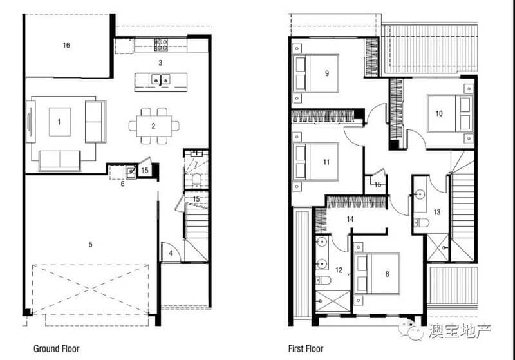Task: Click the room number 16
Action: click(x=66, y=45)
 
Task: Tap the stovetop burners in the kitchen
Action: click(x=161, y=44)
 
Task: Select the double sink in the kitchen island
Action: click(x=160, y=79)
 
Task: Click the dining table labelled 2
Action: click(x=154, y=126)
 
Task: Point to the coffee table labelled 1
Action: click(x=60, y=122)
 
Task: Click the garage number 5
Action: click(x=90, y=244)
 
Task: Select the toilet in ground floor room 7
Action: click(x=196, y=180)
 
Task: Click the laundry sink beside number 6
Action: click(x=131, y=172)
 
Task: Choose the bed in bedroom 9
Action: click(x=315, y=73)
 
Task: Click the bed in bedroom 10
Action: click(x=450, y=113)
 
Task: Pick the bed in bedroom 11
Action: click(x=315, y=162)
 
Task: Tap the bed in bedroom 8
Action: click(x=377, y=273)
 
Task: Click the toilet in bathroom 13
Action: click(x=422, y=223)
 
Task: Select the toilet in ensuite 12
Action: click(x=323, y=280)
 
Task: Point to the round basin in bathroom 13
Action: click(x=420, y=194)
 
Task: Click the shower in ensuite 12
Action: click(x=333, y=301)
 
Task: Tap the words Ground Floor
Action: click(x=57, y=348)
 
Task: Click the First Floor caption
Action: click(x=306, y=348)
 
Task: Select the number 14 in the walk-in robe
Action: click(x=350, y=219)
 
